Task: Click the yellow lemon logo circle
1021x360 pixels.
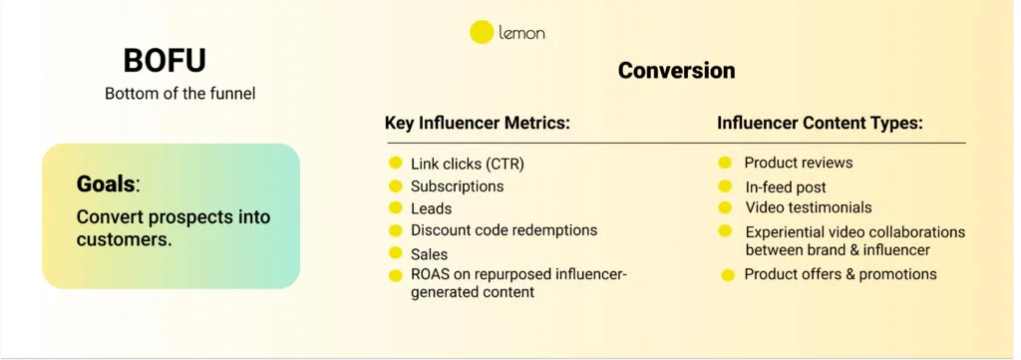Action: [x=482, y=32]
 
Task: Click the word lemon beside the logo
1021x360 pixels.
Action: [x=522, y=33]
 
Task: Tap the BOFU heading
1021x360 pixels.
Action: [x=165, y=61]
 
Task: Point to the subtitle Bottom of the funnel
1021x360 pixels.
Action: [x=180, y=94]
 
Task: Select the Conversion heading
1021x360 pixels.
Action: [x=676, y=71]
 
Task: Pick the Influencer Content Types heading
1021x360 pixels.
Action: [x=820, y=124]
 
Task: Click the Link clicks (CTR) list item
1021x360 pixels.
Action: [x=467, y=163]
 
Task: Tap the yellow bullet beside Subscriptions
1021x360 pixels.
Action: [x=395, y=186]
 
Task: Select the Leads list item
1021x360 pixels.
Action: [x=431, y=208]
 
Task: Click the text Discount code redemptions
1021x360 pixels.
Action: [x=504, y=230]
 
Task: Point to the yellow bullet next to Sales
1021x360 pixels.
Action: [x=395, y=254]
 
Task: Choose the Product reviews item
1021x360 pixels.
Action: [x=798, y=163]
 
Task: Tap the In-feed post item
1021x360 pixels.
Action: [x=785, y=186]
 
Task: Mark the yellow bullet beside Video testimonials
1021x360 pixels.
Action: [x=726, y=207]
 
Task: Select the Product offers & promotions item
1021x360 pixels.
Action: [x=840, y=273]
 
